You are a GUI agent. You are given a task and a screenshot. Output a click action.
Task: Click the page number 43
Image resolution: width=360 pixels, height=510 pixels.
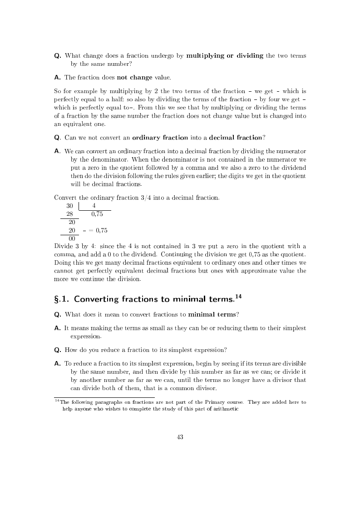coord(180,437)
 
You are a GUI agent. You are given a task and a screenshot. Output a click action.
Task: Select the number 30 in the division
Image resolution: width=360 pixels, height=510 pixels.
coord(70,206)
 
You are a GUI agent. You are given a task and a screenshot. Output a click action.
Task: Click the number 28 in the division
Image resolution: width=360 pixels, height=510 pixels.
coord(70,214)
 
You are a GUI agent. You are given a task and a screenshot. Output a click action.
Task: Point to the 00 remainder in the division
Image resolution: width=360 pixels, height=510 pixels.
coord(72,238)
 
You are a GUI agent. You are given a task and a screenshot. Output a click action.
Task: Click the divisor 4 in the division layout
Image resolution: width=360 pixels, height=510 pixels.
coord(94,206)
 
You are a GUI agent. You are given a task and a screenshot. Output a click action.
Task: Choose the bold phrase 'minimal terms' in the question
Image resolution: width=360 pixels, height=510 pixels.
coord(212,314)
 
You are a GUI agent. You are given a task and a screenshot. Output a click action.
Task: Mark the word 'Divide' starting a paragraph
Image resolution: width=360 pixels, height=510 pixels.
coord(63,247)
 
